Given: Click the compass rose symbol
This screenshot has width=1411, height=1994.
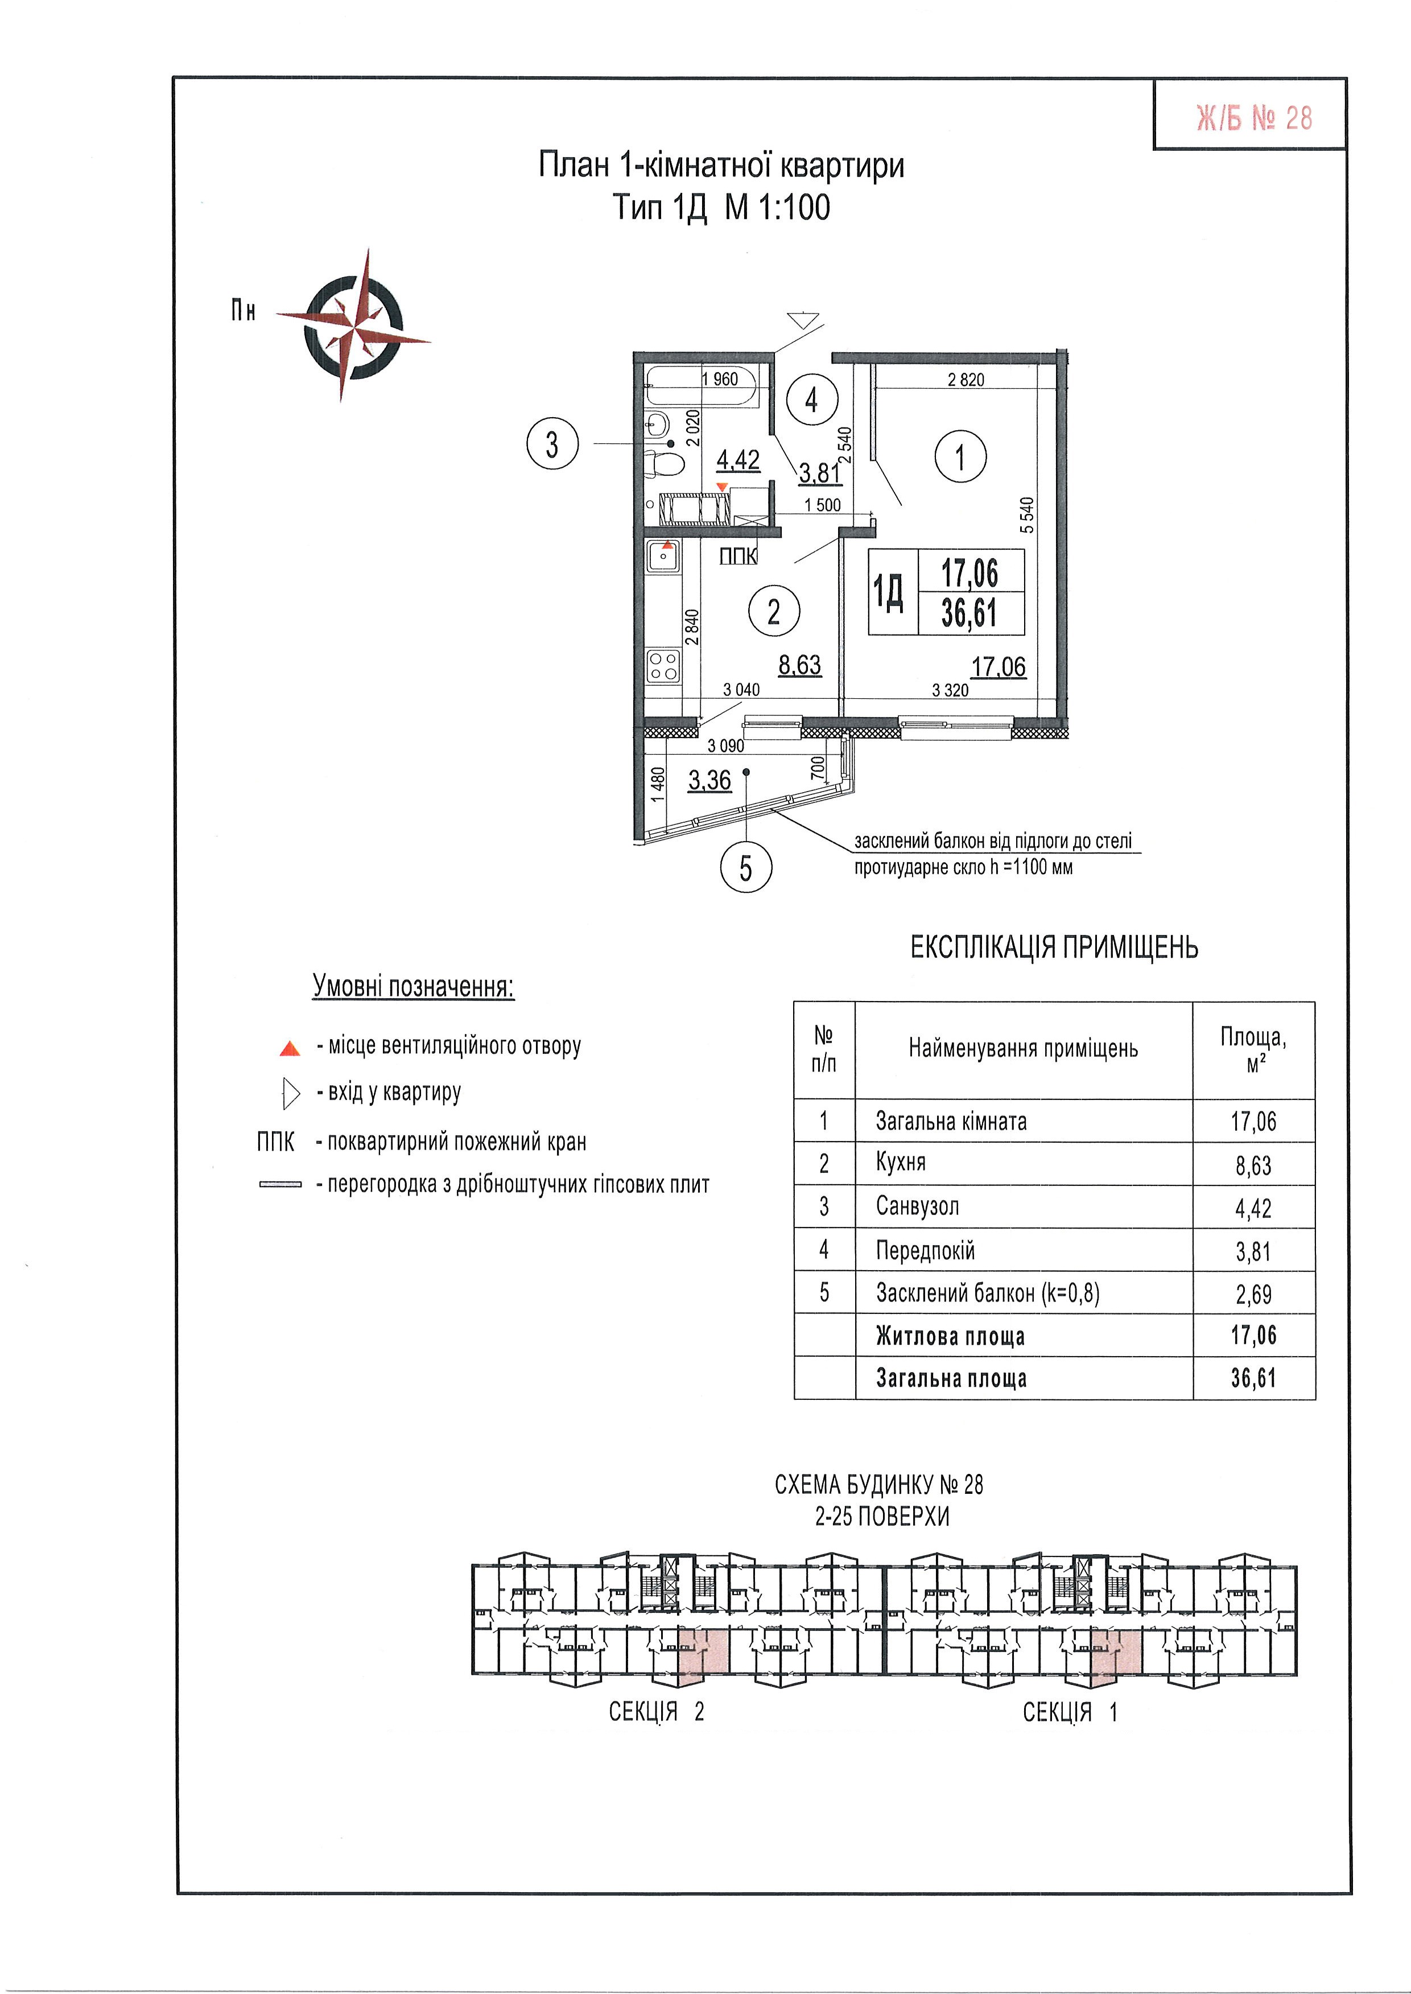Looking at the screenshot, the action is pyautogui.click(x=354, y=326).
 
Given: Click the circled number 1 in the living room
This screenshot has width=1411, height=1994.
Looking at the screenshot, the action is pyautogui.click(x=960, y=457).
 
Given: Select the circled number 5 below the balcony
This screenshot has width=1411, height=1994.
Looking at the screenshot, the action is pyautogui.click(x=745, y=867).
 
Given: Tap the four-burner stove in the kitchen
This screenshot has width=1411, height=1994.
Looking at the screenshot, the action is pyautogui.click(x=664, y=668).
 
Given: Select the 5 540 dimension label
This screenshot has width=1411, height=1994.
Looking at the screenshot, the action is pyautogui.click(x=1028, y=515).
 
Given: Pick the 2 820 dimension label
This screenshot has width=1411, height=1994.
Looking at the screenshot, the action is pyautogui.click(x=966, y=380).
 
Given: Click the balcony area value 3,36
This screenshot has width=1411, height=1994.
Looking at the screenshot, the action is pyautogui.click(x=710, y=780).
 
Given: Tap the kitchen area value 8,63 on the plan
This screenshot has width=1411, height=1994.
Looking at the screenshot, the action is pyautogui.click(x=799, y=666).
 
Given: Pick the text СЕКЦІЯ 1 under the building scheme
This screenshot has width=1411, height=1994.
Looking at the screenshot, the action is pyautogui.click(x=1070, y=1712).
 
